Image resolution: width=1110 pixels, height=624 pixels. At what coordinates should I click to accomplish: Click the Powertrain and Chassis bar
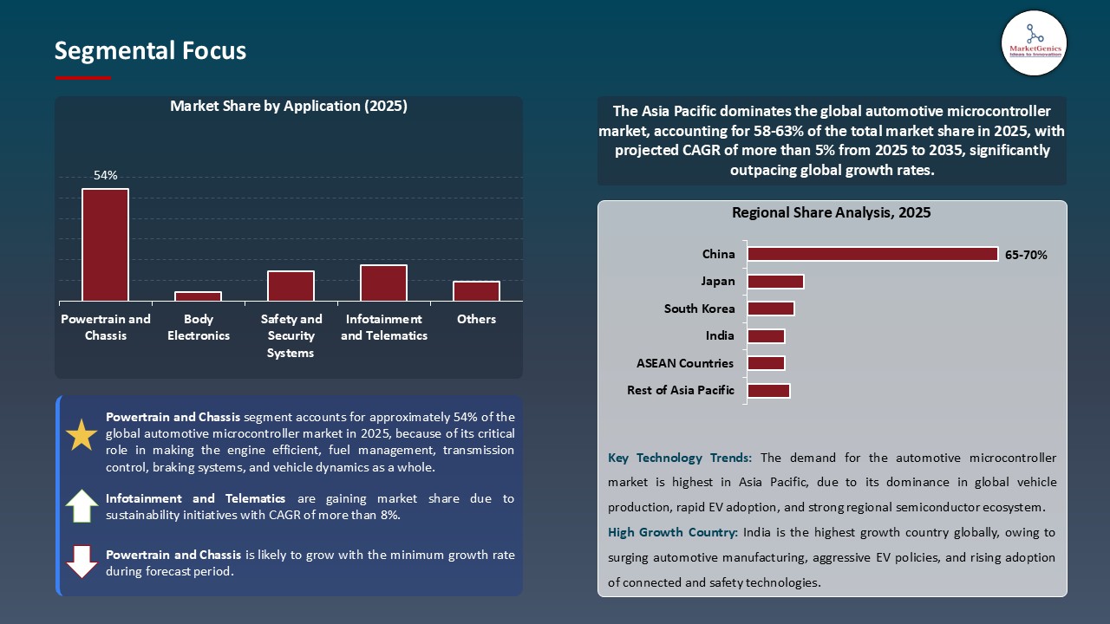[105, 245]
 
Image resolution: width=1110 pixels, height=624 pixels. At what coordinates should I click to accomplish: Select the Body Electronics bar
[198, 296]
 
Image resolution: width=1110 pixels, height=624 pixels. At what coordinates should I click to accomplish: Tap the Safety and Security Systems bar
[291, 286]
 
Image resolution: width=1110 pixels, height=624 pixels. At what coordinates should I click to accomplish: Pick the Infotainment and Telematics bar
[383, 283]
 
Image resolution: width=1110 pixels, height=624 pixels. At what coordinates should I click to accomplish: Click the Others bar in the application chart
[476, 291]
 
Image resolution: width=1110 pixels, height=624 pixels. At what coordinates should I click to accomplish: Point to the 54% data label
[105, 175]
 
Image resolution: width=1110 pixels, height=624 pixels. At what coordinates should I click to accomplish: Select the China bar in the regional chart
[872, 254]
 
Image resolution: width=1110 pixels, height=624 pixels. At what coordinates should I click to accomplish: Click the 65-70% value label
[1026, 255]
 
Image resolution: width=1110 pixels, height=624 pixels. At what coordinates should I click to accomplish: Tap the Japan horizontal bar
[775, 282]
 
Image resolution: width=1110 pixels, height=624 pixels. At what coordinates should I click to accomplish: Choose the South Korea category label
[699, 309]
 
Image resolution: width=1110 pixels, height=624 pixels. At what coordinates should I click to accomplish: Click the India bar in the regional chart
[766, 336]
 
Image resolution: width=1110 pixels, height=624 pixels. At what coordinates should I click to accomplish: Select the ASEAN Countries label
[684, 363]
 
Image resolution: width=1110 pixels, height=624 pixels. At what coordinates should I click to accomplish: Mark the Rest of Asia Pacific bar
[768, 391]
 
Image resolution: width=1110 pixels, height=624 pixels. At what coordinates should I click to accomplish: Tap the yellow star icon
[82, 435]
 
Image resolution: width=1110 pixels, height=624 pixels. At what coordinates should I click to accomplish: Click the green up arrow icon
[82, 506]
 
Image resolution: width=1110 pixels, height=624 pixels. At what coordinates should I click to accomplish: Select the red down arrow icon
[82, 561]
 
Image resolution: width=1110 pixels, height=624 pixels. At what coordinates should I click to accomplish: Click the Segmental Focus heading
[150, 51]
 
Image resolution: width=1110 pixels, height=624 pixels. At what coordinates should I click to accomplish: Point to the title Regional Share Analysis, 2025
[831, 212]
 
